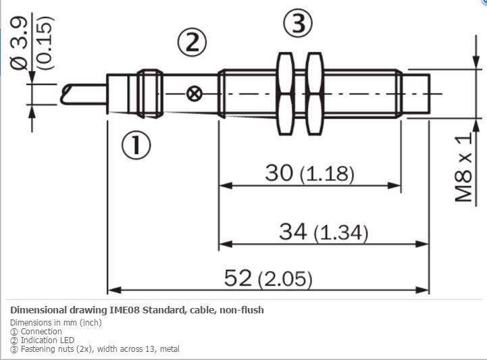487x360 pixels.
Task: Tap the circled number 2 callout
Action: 192,43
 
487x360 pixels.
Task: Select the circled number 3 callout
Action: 298,24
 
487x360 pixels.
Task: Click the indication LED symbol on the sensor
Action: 194,93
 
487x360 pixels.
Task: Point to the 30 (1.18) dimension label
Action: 309,173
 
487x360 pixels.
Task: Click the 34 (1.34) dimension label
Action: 323,232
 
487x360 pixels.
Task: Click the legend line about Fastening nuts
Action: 95,349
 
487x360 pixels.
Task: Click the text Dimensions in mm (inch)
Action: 55,323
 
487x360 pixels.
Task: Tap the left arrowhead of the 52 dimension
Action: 113,290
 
